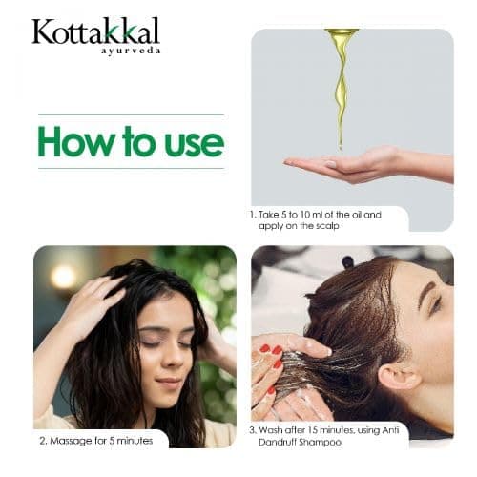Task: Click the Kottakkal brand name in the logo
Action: pos(95,31)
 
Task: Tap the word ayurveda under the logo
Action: pos(131,51)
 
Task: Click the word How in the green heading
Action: pos(75,142)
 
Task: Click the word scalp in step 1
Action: pos(327,226)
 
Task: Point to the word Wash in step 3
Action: pos(270,430)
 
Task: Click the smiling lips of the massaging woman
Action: pos(169,383)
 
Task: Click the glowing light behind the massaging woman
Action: pos(63,277)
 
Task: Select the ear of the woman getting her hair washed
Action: pos(399,377)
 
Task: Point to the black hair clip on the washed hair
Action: pos(348,262)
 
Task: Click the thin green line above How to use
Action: pos(131,114)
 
